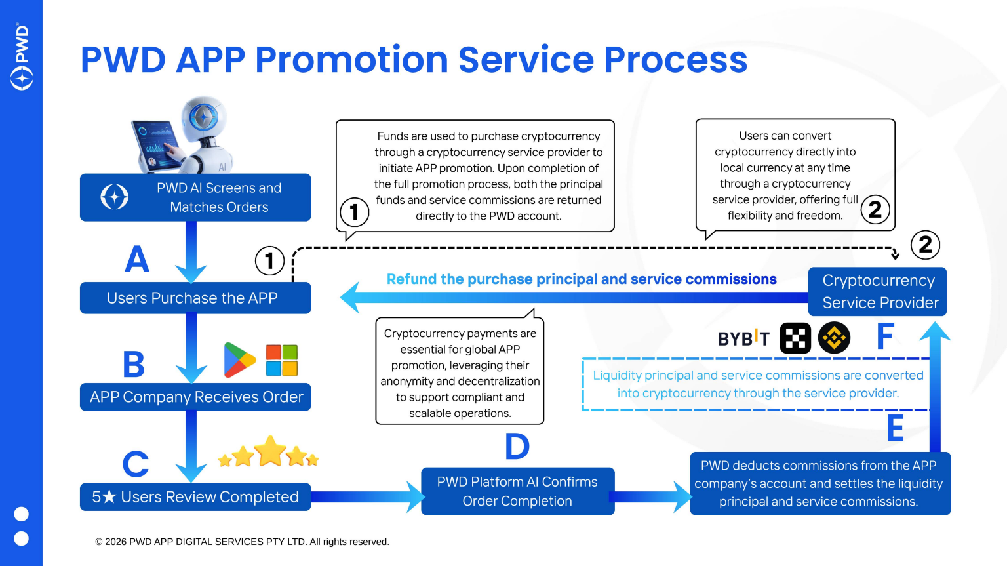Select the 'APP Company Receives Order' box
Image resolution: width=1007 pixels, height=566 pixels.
(195, 397)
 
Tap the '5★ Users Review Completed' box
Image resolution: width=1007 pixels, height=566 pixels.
(195, 497)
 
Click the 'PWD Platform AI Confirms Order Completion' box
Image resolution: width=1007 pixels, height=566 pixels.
(517, 491)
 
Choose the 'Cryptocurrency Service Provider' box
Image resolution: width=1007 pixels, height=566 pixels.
(877, 292)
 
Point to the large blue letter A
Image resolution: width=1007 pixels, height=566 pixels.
(137, 259)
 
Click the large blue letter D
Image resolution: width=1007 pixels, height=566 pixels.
(517, 447)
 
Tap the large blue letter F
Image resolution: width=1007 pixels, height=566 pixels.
(885, 337)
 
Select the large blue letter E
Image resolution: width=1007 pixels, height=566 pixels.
(895, 428)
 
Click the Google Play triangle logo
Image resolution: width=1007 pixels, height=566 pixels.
(239, 360)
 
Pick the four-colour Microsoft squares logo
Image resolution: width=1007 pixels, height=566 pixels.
(282, 360)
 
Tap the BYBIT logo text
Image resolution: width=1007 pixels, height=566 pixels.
(743, 338)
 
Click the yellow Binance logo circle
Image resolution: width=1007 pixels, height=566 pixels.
(834, 338)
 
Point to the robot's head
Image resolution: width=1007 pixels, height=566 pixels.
(204, 118)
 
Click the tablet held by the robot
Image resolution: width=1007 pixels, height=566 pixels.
(155, 143)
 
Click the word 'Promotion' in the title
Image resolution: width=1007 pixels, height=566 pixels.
(351, 60)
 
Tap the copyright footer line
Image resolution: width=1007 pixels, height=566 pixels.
(242, 542)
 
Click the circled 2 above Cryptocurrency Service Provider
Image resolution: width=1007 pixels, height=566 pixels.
(925, 245)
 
